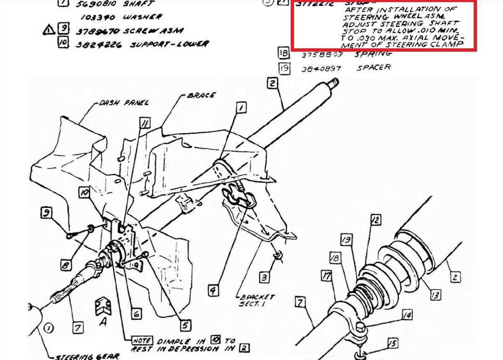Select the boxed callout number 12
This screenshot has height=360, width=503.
point(375,219)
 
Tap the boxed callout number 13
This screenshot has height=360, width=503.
point(435,295)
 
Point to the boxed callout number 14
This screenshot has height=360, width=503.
point(406,314)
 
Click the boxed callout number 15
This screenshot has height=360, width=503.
point(392,344)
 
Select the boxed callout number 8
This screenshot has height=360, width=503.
point(65,265)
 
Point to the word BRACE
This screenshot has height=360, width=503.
point(201,96)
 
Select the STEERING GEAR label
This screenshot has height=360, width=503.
point(88,356)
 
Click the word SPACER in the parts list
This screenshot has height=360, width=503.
point(373,67)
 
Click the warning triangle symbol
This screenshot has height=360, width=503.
point(49,30)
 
